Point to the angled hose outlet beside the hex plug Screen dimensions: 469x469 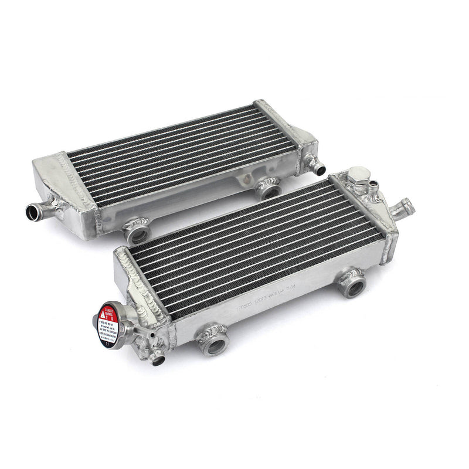tap(405, 207)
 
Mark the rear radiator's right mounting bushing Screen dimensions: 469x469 tap(269, 189)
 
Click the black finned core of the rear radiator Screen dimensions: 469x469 tap(176, 152)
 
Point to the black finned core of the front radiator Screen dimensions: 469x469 tap(252, 246)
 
